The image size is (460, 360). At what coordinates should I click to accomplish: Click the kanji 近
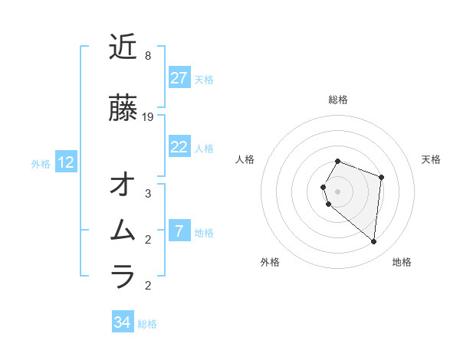point(123,47)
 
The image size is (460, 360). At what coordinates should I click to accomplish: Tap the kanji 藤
point(123,108)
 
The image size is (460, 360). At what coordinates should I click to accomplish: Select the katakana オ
point(123,185)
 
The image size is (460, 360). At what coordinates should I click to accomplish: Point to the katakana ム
point(123,230)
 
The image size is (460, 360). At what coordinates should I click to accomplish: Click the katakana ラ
point(123,275)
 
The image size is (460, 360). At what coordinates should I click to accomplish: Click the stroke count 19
point(149,117)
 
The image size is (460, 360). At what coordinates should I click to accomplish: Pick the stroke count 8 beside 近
point(148,56)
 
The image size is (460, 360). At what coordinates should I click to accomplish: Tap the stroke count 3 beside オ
point(148,194)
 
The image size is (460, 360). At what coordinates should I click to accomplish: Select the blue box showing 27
point(179,78)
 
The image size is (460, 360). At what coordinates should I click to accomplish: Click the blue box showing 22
point(179,147)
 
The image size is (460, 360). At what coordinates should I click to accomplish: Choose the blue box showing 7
point(179,231)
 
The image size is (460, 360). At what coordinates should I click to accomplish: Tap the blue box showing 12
point(66,162)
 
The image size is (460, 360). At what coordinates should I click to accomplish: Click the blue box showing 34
point(122,323)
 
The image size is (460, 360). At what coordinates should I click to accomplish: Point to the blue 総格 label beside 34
point(147,324)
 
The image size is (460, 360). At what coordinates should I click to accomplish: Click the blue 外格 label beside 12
point(41,163)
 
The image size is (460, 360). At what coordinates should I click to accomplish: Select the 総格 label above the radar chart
point(337,100)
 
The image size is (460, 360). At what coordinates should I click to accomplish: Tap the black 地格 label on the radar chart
point(402,262)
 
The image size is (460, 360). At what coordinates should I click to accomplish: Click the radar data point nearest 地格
point(373,242)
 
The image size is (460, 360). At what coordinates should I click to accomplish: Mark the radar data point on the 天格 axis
point(381,177)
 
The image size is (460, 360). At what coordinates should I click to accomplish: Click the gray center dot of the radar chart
point(337,191)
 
